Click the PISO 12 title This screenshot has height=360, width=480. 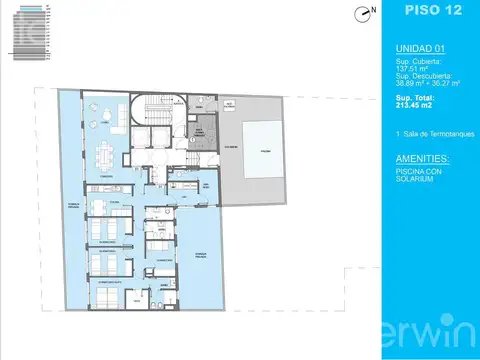click(431, 11)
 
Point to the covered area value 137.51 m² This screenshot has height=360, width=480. click(410, 68)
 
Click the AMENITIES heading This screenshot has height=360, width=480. click(421, 158)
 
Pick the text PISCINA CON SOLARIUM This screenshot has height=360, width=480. click(418, 176)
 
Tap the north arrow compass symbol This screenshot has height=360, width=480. click(365, 12)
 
